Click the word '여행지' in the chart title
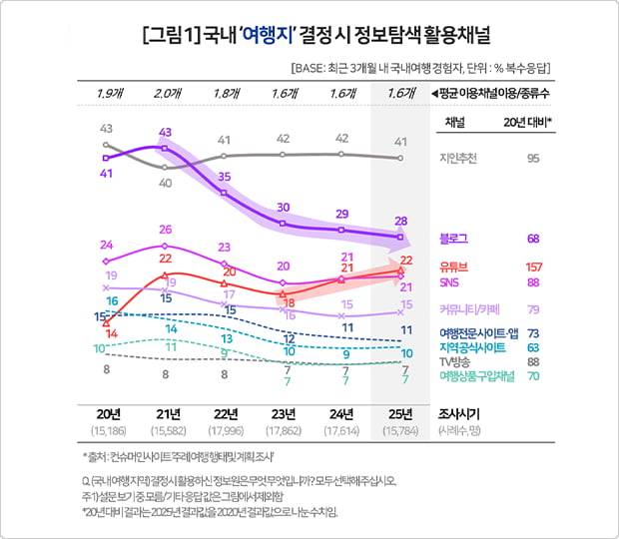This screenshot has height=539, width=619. (268, 43)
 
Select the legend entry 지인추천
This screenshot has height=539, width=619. (460, 158)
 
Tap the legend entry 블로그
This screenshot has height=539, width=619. (454, 239)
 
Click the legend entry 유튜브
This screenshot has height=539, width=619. (454, 267)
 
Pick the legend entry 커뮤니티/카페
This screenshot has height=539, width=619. (468, 308)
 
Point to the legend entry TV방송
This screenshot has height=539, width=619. (457, 361)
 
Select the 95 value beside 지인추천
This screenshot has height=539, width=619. (533, 158)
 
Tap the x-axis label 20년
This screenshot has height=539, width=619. (106, 414)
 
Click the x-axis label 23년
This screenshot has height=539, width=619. (284, 414)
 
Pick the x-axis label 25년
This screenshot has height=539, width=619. (401, 414)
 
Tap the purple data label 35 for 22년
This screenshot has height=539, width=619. (225, 177)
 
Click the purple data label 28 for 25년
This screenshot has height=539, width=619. (401, 221)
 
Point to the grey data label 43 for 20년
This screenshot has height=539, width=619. (106, 129)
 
